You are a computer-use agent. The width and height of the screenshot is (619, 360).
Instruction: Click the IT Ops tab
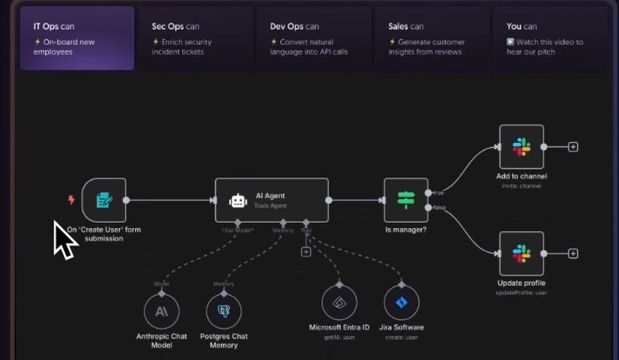point(77,38)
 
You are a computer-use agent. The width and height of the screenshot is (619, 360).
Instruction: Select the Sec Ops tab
point(195,38)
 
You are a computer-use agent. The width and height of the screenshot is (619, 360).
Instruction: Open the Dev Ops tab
point(314,38)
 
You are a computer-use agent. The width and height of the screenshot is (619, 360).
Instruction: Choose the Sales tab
point(432,38)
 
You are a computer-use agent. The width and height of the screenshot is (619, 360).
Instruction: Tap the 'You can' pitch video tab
point(550,38)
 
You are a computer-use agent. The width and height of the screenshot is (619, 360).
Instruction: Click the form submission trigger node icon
point(104,200)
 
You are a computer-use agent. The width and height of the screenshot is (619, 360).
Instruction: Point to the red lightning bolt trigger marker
point(71,200)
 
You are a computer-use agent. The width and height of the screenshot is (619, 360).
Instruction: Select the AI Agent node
point(272,200)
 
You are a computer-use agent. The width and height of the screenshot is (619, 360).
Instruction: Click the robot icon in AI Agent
point(238,201)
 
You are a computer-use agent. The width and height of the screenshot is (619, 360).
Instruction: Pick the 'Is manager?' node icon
point(406,200)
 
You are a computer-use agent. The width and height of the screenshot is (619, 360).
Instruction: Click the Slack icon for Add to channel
point(521,147)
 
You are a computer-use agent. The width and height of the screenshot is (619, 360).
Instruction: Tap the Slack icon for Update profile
point(521,254)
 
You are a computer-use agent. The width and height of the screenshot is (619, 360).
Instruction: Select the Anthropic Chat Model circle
point(162,312)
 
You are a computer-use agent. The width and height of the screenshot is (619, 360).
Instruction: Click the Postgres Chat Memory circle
point(224,312)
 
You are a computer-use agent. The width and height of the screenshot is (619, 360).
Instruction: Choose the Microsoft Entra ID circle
point(339,303)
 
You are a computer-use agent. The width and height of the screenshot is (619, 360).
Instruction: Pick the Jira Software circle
point(401,303)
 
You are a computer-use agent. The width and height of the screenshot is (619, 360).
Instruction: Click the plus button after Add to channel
point(573,147)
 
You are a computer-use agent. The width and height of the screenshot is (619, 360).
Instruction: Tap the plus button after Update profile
point(573,254)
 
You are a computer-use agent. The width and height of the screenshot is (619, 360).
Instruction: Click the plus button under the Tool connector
point(306,251)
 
